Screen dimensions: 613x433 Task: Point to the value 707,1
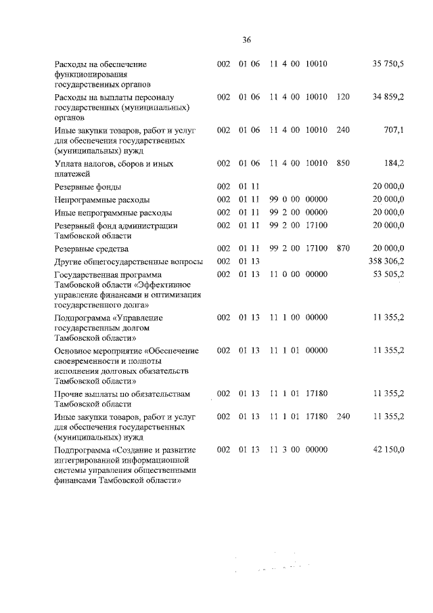point(394,130)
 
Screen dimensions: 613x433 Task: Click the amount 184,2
point(394,163)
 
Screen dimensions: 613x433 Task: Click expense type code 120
point(342,98)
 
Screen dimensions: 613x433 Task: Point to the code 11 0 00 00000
point(298,274)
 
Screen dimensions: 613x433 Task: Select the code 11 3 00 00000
point(298,449)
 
